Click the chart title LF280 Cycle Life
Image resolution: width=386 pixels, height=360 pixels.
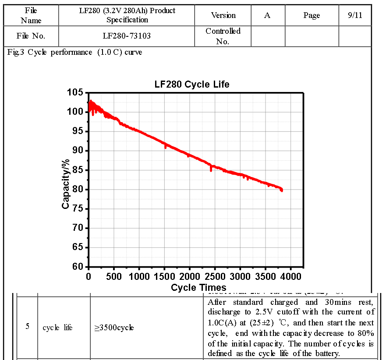point(192,84)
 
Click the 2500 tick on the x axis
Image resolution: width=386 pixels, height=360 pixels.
point(215,277)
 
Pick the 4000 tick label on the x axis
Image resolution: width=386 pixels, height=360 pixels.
point(291,277)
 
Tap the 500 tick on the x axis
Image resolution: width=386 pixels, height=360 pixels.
point(114,277)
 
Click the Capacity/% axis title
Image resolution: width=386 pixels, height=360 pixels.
point(66,179)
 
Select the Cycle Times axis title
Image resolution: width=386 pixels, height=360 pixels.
point(198,288)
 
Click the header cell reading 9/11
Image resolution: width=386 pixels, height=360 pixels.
point(355,15)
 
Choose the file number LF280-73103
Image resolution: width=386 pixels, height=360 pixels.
point(126,36)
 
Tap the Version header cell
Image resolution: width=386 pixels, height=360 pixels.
point(223,15)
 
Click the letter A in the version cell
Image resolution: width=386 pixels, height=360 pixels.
point(267,15)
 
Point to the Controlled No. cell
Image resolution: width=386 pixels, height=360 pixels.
point(223,36)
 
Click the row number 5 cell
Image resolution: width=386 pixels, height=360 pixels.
point(28,326)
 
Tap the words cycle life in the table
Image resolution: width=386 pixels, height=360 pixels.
point(57,328)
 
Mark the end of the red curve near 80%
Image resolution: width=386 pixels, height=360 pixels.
point(281,190)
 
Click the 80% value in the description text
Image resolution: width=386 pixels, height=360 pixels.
point(366,333)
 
